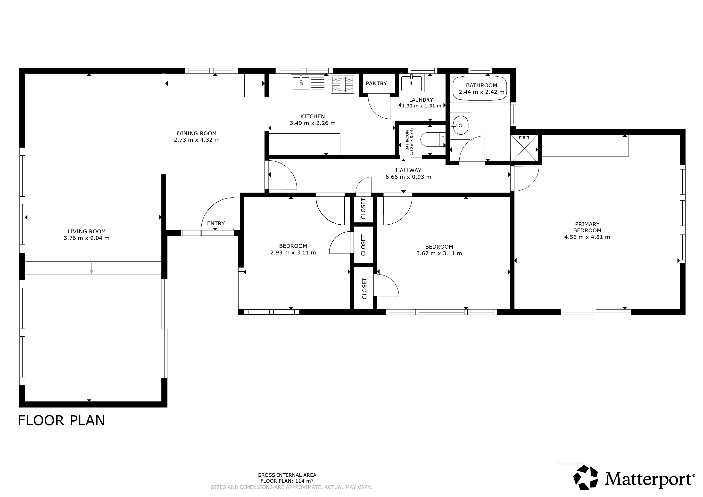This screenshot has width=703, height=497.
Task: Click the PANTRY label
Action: pyautogui.click(x=376, y=83)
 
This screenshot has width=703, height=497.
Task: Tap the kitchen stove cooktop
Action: pyautogui.click(x=343, y=84)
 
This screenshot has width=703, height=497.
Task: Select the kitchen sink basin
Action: pyautogui.click(x=301, y=83)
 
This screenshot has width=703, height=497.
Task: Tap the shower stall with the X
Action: pyautogui.click(x=524, y=148)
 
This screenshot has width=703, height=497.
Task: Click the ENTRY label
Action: pyautogui.click(x=216, y=224)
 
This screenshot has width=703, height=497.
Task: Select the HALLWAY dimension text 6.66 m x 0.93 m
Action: pyautogui.click(x=408, y=177)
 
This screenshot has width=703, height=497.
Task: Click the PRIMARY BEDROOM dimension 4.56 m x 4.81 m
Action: pyautogui.click(x=587, y=237)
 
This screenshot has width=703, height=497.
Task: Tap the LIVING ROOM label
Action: pyautogui.click(x=87, y=232)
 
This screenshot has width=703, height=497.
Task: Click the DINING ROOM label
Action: pyautogui.click(x=197, y=133)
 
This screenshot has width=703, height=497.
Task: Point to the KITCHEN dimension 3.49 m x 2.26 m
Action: pyautogui.click(x=313, y=123)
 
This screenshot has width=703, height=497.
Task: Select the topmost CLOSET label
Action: pyautogui.click(x=364, y=209)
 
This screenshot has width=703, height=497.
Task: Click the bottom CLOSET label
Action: pyautogui.click(x=364, y=288)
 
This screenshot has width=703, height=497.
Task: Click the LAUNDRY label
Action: pyautogui.click(x=421, y=100)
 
